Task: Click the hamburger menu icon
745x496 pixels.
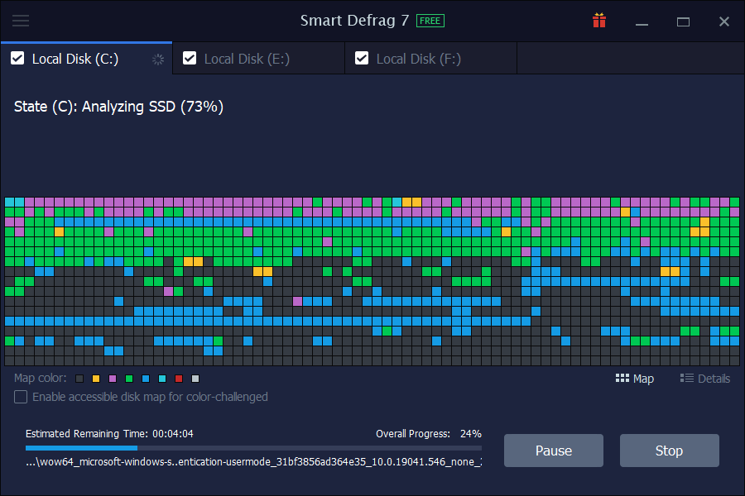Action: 21,21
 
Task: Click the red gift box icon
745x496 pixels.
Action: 599,21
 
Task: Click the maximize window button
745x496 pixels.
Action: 683,21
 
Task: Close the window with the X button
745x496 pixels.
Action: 724,21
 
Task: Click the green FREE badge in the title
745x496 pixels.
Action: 430,21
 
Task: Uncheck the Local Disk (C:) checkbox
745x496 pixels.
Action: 17,58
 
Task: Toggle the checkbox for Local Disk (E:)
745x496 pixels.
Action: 190,58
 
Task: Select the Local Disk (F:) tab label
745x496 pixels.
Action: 418,59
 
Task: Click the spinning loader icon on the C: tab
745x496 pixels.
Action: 158,59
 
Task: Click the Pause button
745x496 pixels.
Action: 554,451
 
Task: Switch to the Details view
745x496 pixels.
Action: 705,379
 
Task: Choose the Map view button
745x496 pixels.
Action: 635,379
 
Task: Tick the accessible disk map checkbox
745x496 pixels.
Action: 21,397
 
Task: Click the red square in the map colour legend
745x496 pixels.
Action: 179,379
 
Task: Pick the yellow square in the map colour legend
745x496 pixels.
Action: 96,379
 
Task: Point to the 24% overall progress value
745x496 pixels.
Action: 471,433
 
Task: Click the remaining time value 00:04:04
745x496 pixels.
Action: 173,433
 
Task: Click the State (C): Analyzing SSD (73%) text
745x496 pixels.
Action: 118,107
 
